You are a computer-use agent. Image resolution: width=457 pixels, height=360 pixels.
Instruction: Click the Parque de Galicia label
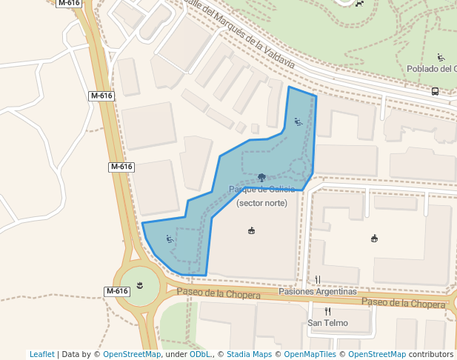[x=261, y=190]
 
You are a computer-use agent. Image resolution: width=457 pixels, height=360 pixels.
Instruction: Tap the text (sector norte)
[x=261, y=203]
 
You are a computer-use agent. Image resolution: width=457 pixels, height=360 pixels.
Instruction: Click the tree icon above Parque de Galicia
[x=261, y=178]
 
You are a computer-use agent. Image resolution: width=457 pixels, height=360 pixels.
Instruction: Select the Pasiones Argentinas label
[x=318, y=292]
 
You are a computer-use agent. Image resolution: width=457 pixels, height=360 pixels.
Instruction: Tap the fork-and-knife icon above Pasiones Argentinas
[x=318, y=279]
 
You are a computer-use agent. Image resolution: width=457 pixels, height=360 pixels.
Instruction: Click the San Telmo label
[x=327, y=324]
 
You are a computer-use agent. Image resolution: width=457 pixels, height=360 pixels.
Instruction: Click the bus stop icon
[x=435, y=92]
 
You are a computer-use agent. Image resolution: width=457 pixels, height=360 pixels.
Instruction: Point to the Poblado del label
[x=430, y=69]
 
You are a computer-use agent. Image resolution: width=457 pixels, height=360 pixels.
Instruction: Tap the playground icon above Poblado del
[x=441, y=57]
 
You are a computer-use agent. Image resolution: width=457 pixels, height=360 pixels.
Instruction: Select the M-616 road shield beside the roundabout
[x=117, y=291]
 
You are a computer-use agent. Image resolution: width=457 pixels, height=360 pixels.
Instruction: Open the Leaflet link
[x=42, y=354]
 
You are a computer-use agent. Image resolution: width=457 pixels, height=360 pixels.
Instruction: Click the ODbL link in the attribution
[x=199, y=354]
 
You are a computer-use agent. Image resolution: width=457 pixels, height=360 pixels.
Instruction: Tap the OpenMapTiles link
[x=308, y=354]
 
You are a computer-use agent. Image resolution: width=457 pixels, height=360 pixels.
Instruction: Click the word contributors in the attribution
[x=431, y=354]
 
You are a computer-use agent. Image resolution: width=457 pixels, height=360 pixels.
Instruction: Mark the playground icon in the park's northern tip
[x=298, y=122]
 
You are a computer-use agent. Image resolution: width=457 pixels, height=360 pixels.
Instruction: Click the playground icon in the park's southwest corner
[x=170, y=239]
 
